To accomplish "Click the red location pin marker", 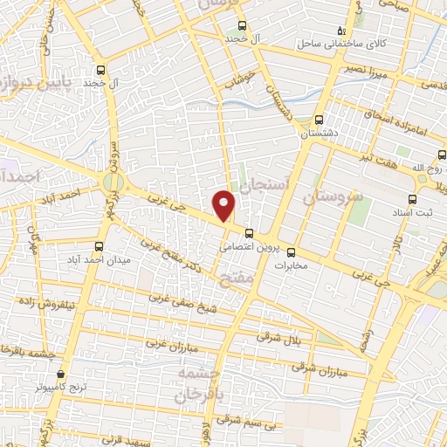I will [224, 204].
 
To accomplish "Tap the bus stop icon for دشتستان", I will [318, 120].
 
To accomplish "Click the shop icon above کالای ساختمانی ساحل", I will [341, 30].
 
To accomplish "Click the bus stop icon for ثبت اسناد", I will [414, 198].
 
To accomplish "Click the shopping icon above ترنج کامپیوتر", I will [60, 371].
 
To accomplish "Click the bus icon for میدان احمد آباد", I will [98, 245].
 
